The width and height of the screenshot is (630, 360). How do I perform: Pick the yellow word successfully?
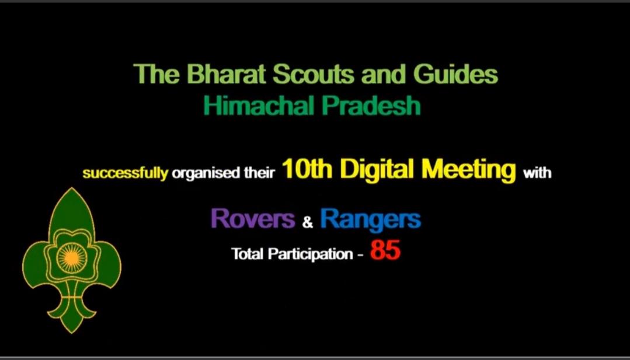click(x=126, y=173)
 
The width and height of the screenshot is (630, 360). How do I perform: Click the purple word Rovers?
click(x=253, y=219)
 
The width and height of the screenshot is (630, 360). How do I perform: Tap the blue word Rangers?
click(x=370, y=219)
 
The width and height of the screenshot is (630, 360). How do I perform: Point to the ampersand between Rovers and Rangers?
click(x=308, y=222)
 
